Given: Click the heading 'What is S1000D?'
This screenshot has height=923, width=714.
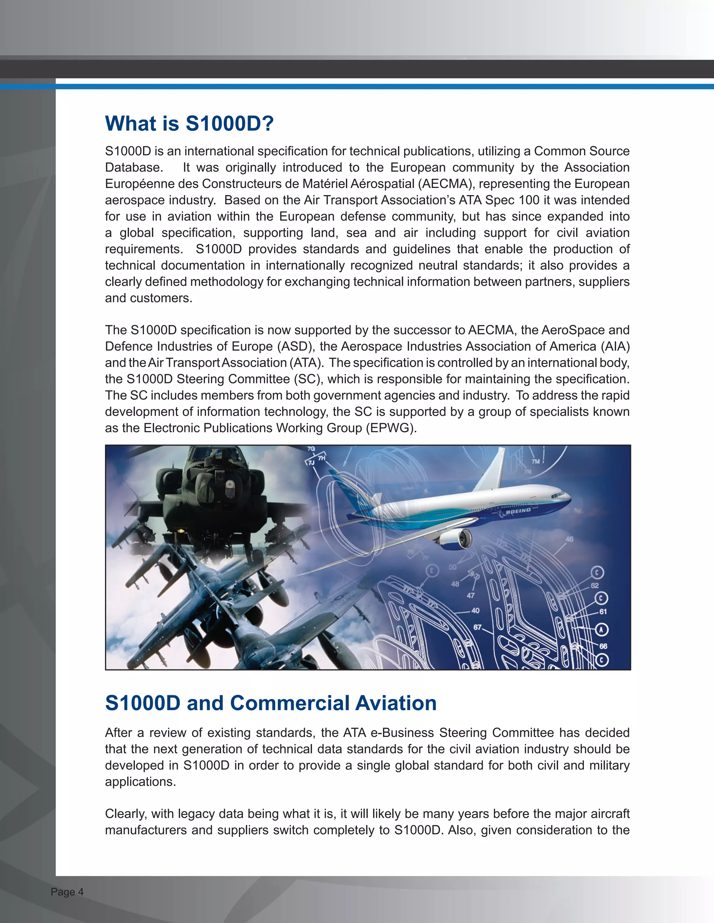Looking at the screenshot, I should (189, 124).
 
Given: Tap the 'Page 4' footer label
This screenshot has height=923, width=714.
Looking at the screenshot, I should (67, 892).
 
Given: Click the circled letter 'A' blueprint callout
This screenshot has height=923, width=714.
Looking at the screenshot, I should (601, 630).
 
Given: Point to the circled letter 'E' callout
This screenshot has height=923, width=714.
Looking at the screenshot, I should (432, 571).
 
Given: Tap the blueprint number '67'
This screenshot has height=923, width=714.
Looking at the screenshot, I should (477, 627).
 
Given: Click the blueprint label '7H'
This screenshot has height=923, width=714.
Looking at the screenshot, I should (322, 458).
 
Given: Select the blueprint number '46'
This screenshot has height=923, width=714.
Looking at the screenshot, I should (569, 539).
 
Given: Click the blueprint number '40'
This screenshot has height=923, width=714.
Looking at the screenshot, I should (476, 611).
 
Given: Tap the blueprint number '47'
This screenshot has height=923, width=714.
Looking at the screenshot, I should (470, 596).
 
